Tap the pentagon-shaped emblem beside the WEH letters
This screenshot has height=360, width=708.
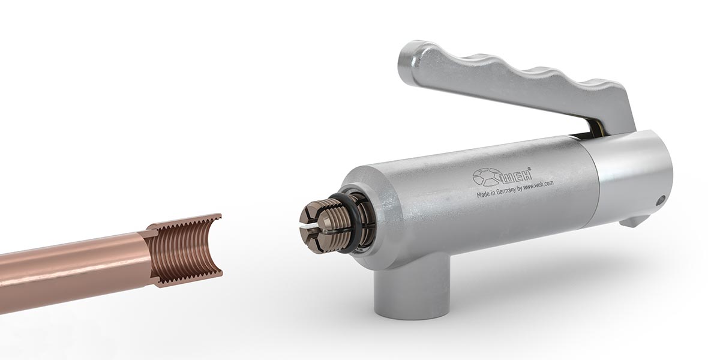point(486,178)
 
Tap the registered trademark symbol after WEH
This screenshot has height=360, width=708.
point(529,170)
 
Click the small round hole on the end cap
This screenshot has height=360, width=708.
point(660,200)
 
